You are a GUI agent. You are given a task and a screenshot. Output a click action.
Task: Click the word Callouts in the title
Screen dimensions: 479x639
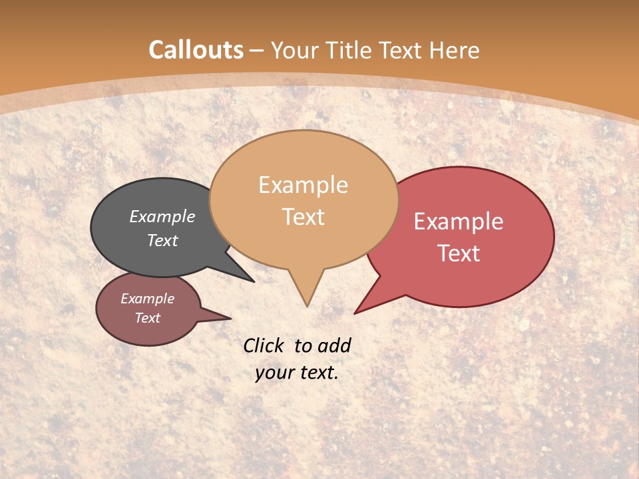(196, 50)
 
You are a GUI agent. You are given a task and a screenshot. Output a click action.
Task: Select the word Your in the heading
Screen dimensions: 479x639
(298, 50)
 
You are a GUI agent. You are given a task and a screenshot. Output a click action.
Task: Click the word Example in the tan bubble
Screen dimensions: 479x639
(303, 185)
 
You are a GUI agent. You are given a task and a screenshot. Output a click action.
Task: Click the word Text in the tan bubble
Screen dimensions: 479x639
(303, 217)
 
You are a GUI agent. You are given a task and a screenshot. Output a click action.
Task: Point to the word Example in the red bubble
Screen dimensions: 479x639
(459, 222)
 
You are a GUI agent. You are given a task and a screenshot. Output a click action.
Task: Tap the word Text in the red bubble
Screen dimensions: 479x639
(459, 253)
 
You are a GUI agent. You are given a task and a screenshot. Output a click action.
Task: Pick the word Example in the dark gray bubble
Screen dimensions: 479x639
(162, 217)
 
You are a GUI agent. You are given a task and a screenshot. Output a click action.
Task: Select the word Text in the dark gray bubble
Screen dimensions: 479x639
(162, 240)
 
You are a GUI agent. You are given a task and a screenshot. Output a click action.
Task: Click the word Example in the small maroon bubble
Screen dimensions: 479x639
(147, 299)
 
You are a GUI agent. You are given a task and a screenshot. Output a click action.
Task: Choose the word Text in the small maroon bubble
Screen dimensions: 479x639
(147, 318)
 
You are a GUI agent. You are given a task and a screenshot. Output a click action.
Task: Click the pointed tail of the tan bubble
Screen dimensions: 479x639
(306, 296)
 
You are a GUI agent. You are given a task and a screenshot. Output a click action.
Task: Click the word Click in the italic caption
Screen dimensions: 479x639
(264, 345)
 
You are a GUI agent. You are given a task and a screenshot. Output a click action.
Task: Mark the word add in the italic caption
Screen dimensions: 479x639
(333, 345)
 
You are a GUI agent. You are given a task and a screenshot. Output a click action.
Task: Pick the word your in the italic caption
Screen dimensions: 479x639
(274, 373)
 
